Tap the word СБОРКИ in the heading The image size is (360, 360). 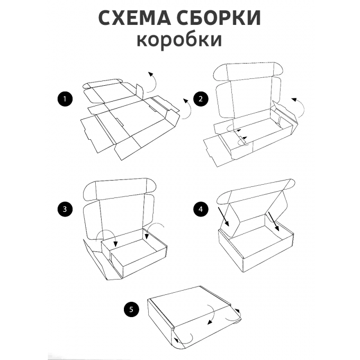223,17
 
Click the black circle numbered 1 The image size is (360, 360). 65,99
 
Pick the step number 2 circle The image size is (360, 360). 200,99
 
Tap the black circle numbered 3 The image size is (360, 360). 65,209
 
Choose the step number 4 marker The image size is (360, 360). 200,209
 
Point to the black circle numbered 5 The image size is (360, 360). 131,309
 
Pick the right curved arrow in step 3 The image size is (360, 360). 155,228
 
